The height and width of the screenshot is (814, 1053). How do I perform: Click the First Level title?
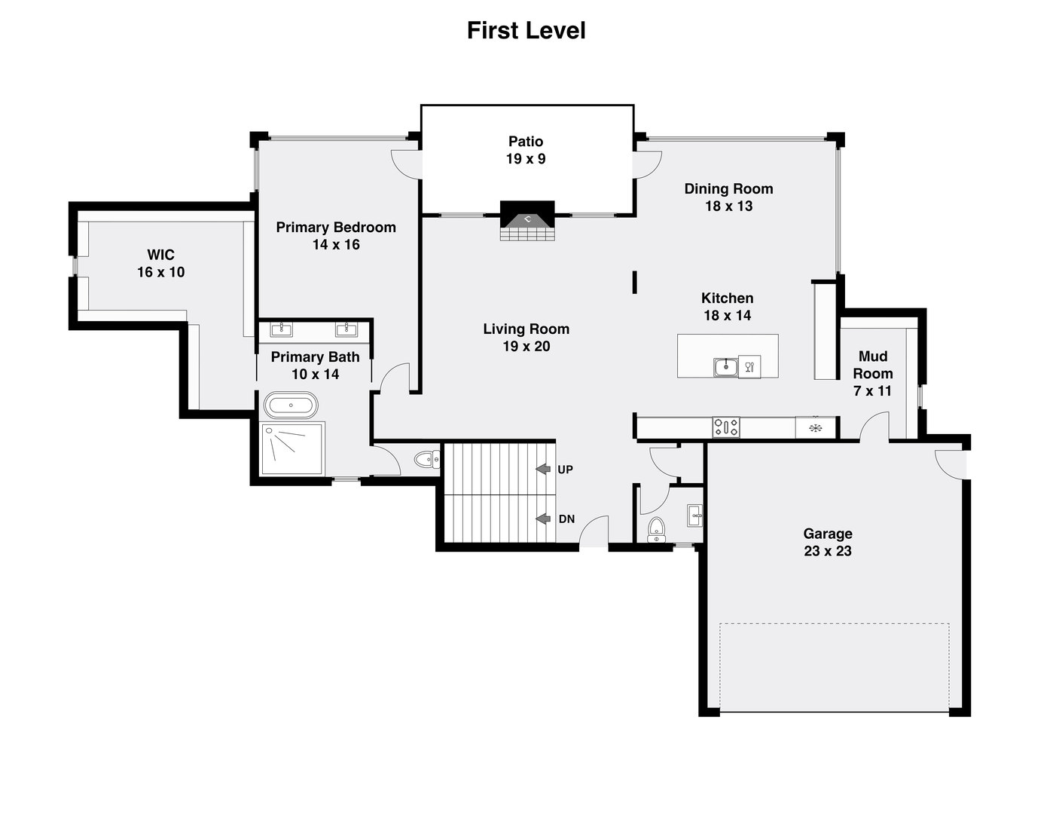pyautogui.click(x=526, y=31)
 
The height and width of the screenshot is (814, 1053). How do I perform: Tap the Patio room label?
pyautogui.click(x=526, y=142)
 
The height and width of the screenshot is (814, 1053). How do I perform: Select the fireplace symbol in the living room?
pyautogui.click(x=528, y=221)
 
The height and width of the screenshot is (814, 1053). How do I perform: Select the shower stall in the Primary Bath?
pyautogui.click(x=292, y=449)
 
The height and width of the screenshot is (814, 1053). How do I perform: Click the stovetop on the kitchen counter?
pyautogui.click(x=726, y=427)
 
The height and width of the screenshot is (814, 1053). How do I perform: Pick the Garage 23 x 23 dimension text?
pyautogui.click(x=827, y=551)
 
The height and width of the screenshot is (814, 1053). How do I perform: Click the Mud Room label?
pyautogui.click(x=872, y=365)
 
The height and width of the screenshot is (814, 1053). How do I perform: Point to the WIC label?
pyautogui.click(x=160, y=255)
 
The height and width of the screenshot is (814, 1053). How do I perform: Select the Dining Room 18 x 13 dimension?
pyautogui.click(x=728, y=207)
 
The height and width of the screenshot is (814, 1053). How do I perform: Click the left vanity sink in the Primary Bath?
pyautogui.click(x=282, y=329)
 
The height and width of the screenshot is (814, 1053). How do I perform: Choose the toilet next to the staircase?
pyautogui.click(x=427, y=458)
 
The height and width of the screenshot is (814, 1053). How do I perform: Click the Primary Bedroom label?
pyautogui.click(x=335, y=228)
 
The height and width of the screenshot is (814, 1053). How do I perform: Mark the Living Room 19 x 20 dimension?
pyautogui.click(x=526, y=347)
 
